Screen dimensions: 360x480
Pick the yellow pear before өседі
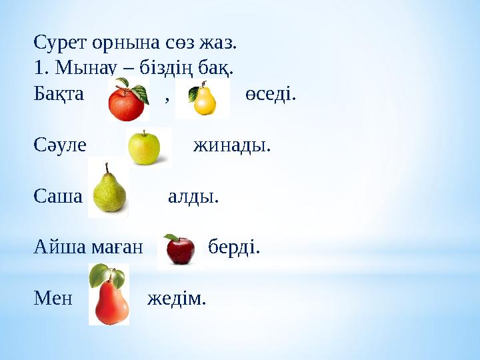click(203, 99)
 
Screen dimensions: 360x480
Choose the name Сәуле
click(60, 145)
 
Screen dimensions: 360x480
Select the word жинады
click(232, 145)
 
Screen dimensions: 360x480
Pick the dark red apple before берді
click(179, 249)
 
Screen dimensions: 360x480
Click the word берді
click(234, 247)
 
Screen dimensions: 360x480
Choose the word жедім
click(177, 299)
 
